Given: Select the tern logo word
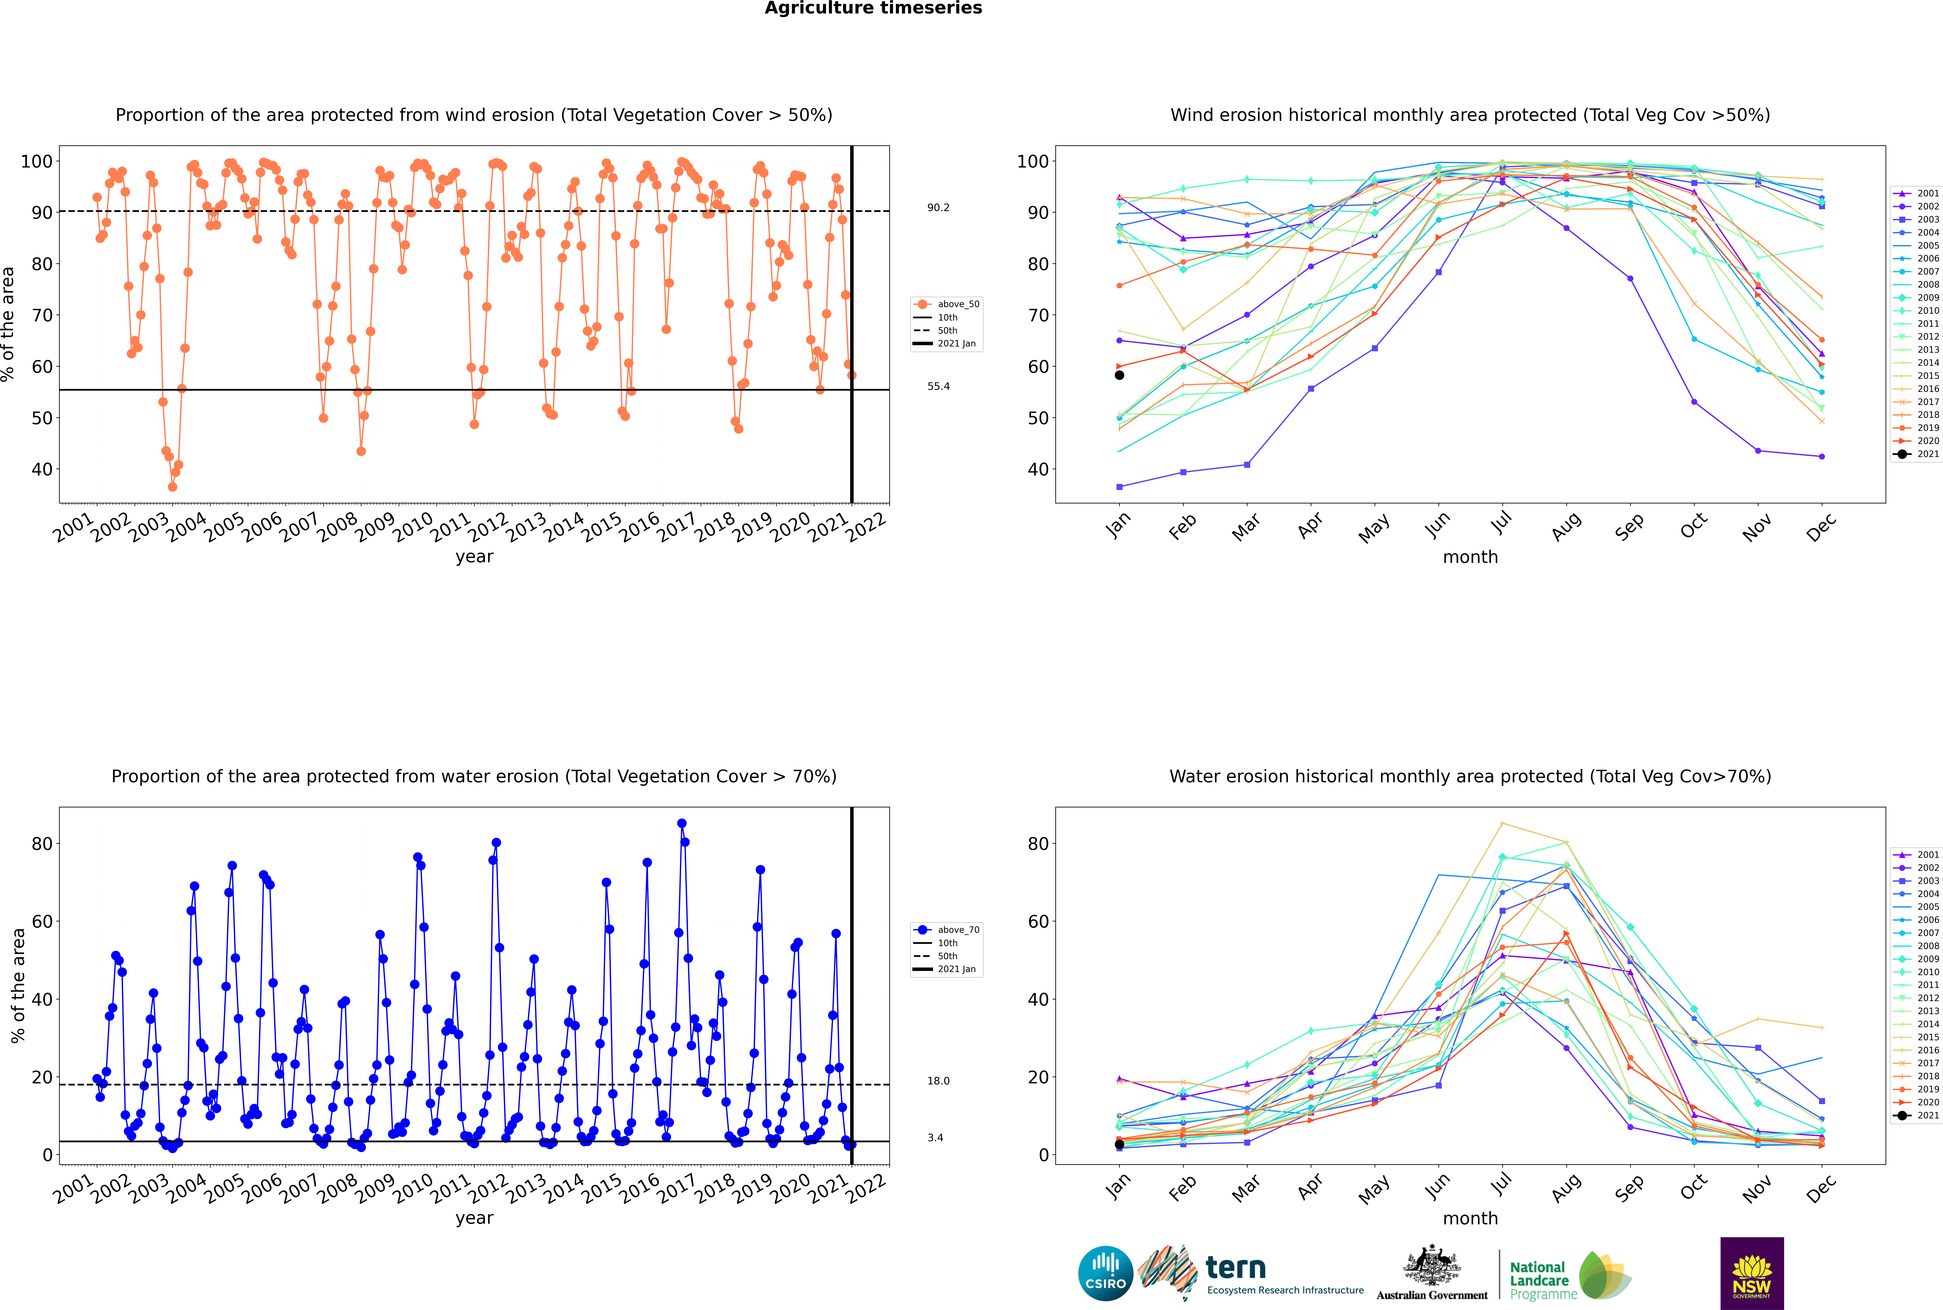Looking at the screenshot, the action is (x=1235, y=1268).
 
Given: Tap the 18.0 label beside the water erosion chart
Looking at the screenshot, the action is (x=938, y=1081).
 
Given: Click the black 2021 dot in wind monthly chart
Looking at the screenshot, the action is (x=1119, y=375).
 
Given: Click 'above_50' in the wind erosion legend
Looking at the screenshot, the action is (x=958, y=304).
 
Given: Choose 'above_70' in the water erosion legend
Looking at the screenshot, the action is (x=958, y=930).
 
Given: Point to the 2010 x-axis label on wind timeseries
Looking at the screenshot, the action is (x=412, y=528).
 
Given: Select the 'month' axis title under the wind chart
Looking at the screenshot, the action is (x=1470, y=557).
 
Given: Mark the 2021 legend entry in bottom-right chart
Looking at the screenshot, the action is (x=1928, y=1115).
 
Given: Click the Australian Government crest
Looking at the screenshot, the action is (x=1432, y=1265).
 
